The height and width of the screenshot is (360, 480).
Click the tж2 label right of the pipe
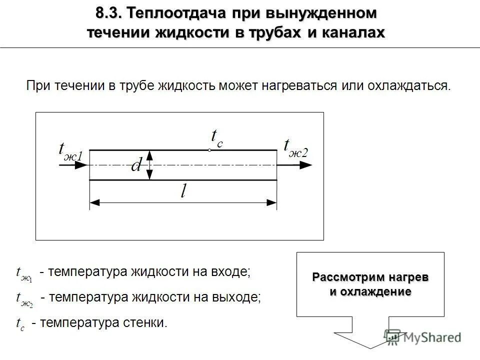(296, 148)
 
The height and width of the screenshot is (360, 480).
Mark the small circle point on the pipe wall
(210, 150)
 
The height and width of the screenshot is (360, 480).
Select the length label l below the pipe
(183, 192)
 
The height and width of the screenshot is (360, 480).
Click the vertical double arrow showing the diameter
(150, 165)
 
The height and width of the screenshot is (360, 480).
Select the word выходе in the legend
(238, 297)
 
